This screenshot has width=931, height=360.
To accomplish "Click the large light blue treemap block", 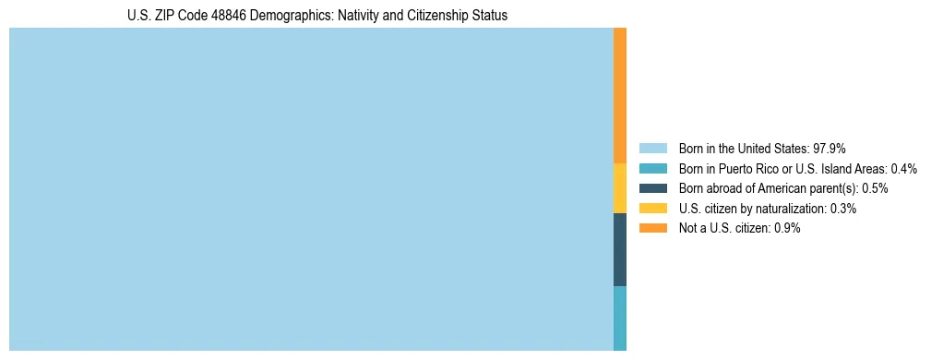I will click(311, 189).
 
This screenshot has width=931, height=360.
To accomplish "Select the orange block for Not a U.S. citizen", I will click(620, 95).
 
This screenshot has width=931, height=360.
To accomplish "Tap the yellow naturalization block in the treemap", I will click(620, 188).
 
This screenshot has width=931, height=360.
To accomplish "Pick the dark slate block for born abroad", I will click(620, 249).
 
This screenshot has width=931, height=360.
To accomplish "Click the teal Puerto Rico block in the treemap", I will click(620, 318).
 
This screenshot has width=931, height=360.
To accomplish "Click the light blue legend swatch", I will click(652, 149).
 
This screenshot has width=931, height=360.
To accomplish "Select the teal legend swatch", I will click(652, 169).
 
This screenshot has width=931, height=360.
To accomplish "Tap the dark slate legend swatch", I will click(652, 188).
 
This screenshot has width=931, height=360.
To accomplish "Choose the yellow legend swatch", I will click(652, 209).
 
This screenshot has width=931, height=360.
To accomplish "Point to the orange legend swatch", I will click(652, 229).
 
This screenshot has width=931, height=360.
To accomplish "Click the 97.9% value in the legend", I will click(830, 149).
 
